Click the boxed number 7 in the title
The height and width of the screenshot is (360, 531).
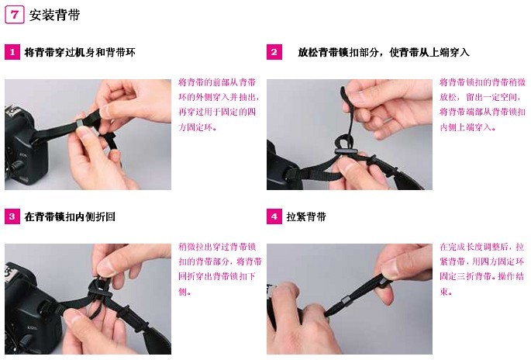[14, 16]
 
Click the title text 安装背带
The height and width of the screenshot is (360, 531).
[54, 16]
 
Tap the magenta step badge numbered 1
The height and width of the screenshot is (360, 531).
[12, 52]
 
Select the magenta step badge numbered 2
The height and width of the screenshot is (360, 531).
[274, 52]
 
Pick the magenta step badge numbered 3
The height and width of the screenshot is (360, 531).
[12, 216]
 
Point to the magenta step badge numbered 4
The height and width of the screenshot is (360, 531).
[274, 216]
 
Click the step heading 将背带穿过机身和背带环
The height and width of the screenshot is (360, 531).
[80, 52]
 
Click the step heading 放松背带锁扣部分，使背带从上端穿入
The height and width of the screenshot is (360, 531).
[384, 52]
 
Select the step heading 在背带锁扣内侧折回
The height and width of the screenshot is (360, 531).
[70, 216]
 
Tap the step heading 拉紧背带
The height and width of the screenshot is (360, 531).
[306, 216]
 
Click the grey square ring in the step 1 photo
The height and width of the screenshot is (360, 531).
[80, 123]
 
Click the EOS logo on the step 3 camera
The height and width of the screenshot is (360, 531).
[33, 327]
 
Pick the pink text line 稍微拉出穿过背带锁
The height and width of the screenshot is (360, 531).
[217, 247]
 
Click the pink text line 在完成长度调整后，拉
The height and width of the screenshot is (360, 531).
[482, 247]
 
